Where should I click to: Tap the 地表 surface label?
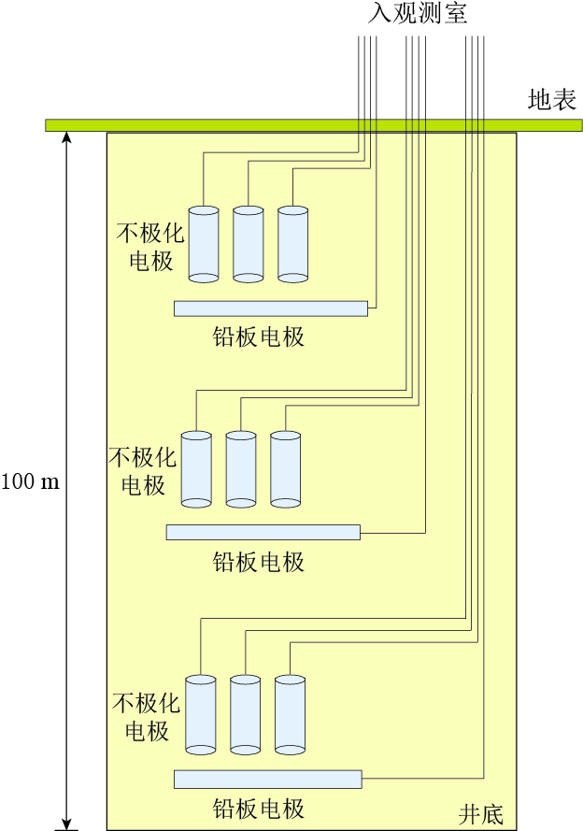(551, 100)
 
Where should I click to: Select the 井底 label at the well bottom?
(480, 813)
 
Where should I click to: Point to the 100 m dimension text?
(30, 482)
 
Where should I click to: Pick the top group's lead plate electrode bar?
(270, 308)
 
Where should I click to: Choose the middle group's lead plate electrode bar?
(263, 532)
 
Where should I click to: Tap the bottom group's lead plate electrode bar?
(267, 779)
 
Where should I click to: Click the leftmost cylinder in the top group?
(204, 243)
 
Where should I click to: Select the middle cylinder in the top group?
(248, 243)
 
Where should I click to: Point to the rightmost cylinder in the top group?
(292, 243)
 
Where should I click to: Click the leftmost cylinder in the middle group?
(196, 468)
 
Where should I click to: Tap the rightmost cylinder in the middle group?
(285, 468)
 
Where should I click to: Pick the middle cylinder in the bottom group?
(245, 714)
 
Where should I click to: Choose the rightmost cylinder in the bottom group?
(290, 714)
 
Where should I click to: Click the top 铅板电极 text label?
(259, 337)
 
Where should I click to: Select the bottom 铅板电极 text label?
(259, 809)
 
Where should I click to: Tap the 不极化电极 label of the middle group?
(142, 471)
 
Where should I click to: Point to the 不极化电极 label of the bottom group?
(146, 716)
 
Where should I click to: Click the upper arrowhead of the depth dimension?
(66, 137)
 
